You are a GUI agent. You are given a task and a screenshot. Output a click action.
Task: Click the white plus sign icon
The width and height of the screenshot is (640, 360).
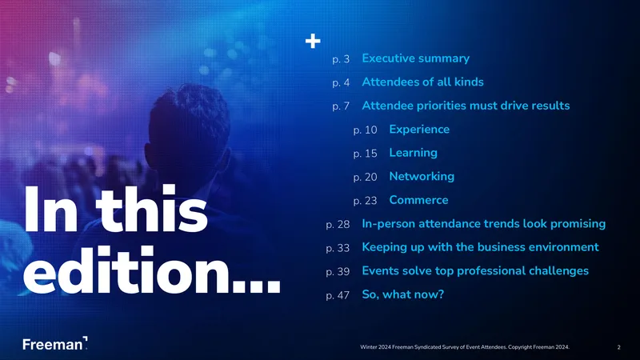pos(313,41)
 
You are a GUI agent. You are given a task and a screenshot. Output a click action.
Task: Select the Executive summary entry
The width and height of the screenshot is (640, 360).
pos(415,58)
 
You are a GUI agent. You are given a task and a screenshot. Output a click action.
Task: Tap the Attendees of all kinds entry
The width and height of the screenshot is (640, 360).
pos(422,82)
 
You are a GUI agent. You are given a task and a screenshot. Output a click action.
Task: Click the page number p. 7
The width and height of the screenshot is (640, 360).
pos(341,106)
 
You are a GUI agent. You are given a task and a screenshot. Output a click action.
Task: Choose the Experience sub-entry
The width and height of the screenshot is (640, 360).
pos(419,130)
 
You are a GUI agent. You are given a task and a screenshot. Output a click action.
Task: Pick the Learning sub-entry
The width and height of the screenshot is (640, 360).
pos(413,153)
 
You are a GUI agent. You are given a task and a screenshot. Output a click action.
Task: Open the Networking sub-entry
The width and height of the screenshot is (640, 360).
pos(422,176)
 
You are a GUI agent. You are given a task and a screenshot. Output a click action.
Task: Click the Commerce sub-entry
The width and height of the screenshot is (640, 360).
pos(418,200)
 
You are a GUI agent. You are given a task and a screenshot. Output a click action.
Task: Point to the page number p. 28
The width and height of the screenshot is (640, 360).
pos(338,225)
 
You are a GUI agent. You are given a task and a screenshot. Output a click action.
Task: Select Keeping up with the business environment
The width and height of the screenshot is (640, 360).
pos(481,247)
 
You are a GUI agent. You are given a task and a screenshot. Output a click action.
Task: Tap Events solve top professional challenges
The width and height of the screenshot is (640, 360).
pos(475,271)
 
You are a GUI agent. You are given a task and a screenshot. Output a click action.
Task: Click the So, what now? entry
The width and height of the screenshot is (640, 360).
pos(403,294)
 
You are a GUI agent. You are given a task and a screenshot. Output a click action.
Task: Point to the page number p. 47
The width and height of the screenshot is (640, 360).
pos(338,295)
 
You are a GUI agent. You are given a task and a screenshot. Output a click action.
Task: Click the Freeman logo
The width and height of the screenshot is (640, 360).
pos(55,344)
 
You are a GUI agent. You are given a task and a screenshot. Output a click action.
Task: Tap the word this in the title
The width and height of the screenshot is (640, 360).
pos(152,209)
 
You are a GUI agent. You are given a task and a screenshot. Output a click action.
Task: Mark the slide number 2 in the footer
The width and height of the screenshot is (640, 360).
pos(618,347)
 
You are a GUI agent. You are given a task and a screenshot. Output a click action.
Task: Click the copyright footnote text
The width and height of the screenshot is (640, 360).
pos(465,347)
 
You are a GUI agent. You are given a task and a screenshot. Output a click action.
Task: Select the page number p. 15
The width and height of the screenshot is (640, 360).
pos(365,154)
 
